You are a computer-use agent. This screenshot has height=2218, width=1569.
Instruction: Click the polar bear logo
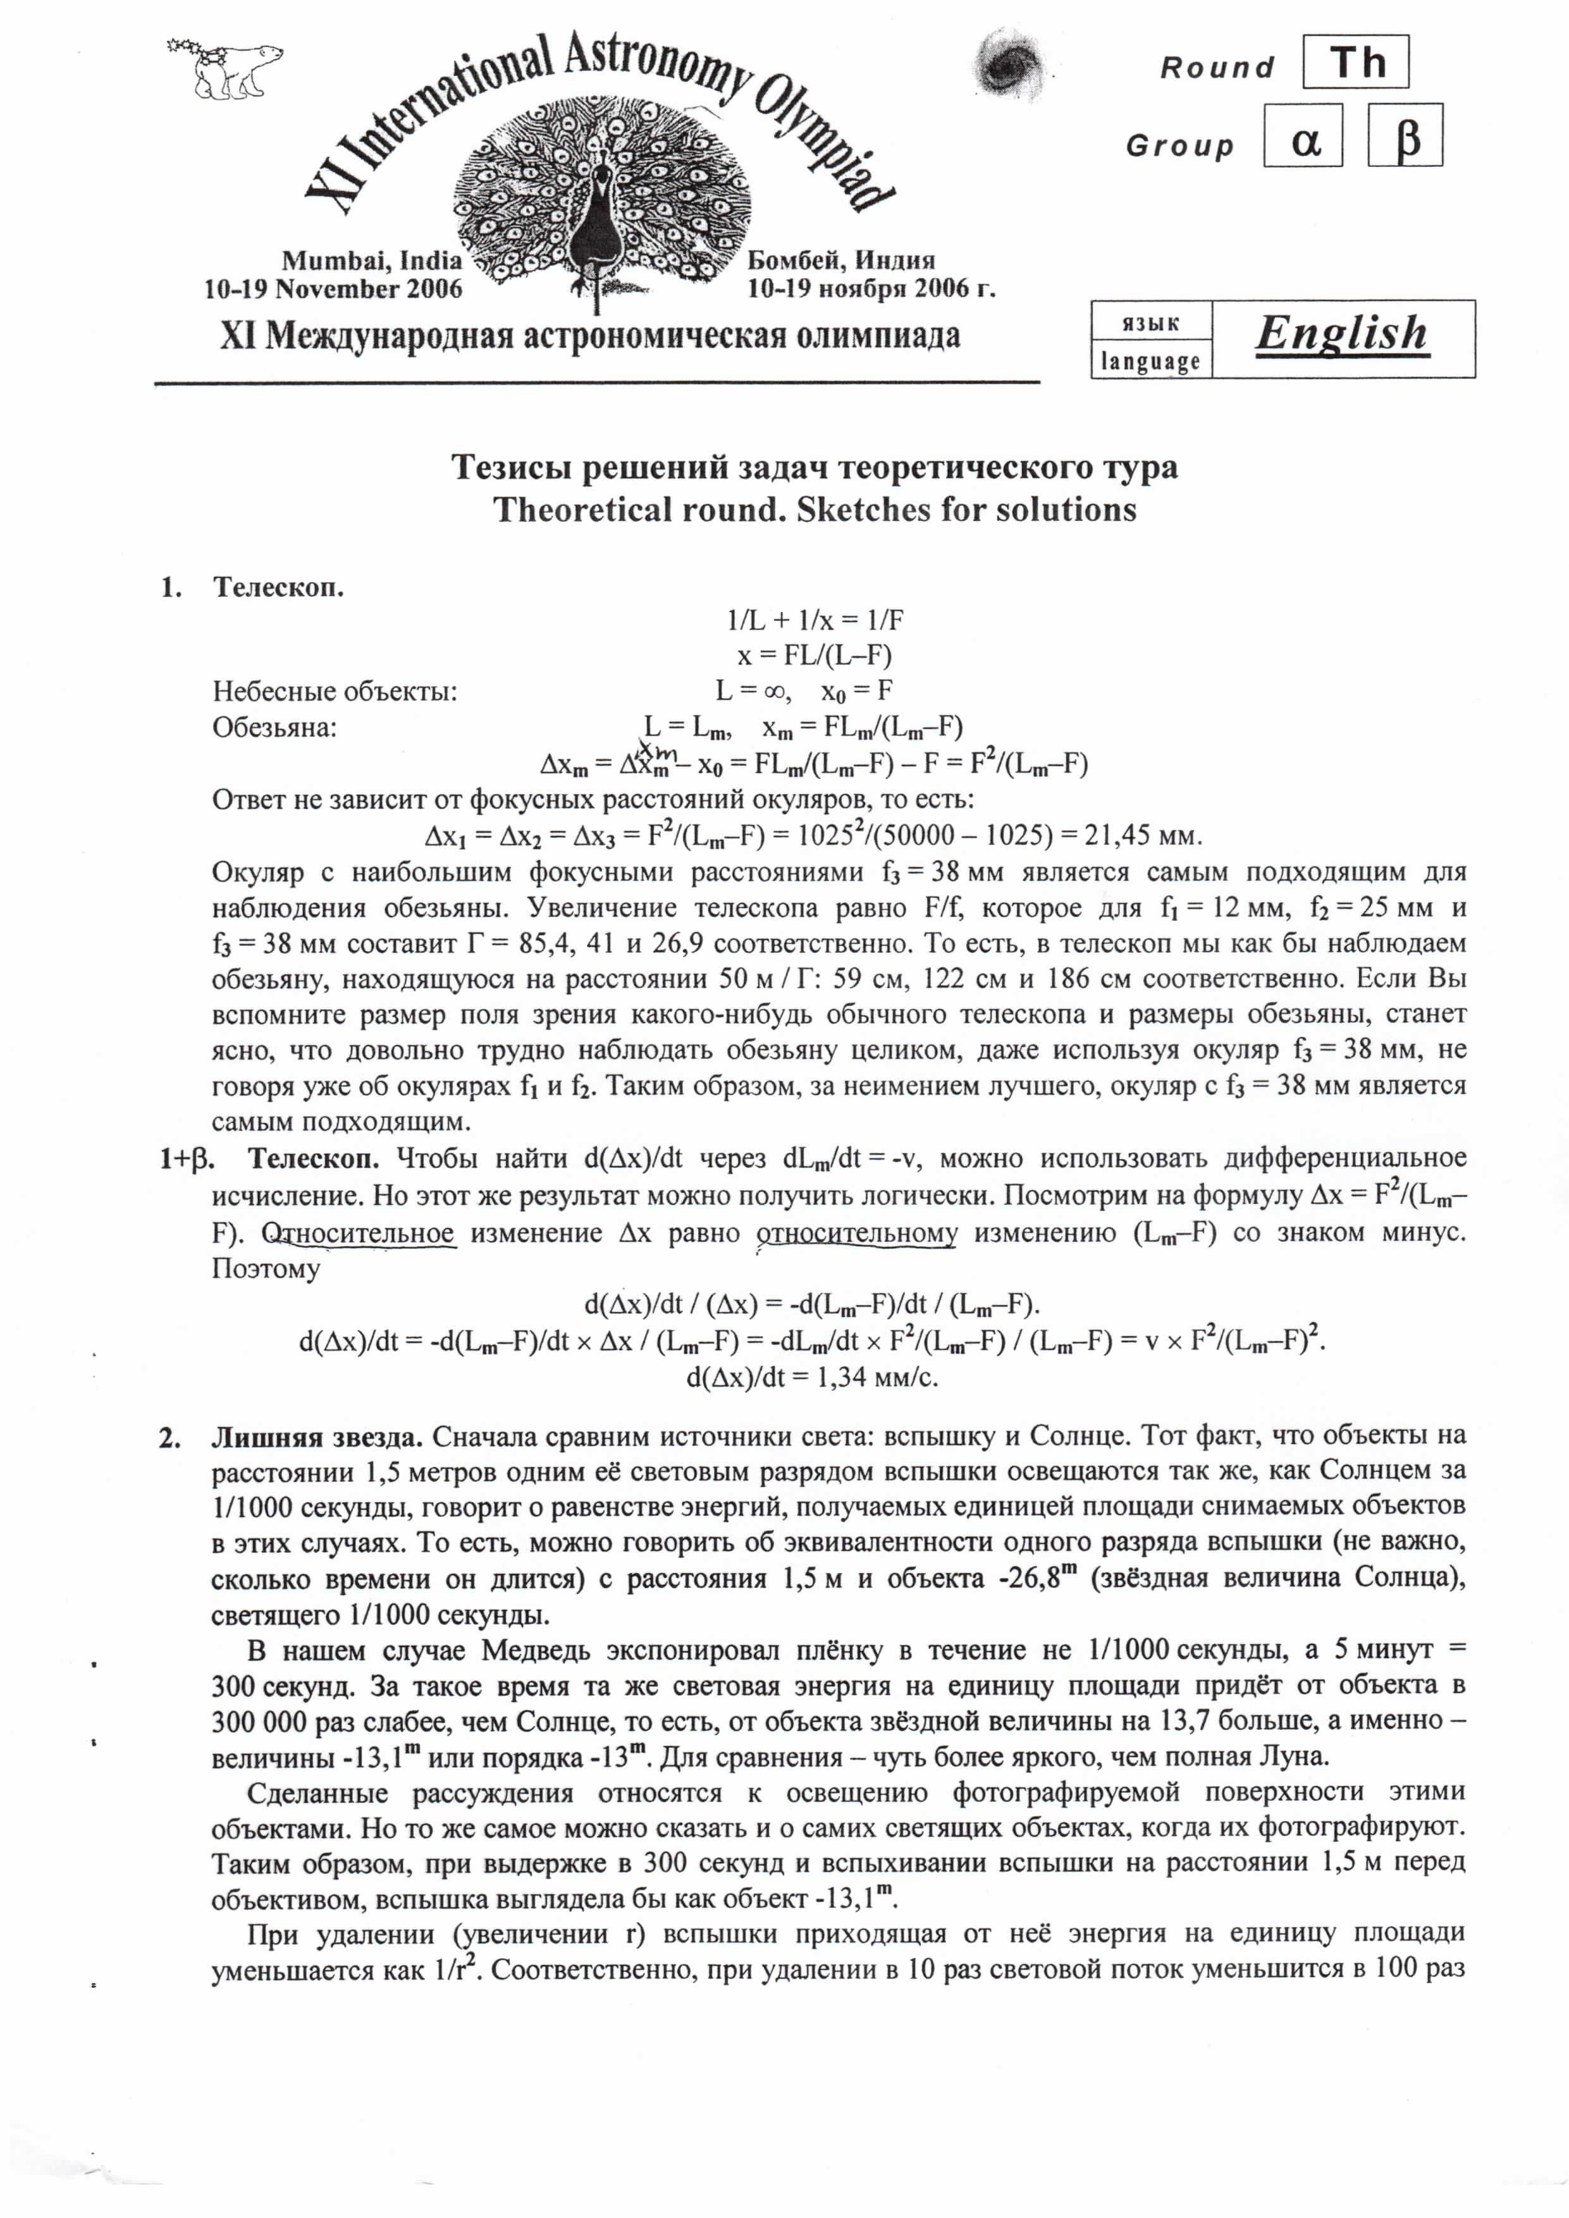(227, 68)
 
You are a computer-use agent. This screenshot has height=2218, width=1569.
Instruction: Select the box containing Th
(1355, 63)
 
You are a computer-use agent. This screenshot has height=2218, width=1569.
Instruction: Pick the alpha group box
(1303, 136)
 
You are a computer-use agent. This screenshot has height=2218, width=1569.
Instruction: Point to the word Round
(1217, 68)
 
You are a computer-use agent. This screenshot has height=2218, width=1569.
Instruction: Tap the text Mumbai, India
(372, 261)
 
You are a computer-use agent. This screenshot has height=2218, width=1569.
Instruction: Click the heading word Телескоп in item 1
(278, 587)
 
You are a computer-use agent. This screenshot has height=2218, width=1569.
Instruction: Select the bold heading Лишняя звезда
(317, 1437)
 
